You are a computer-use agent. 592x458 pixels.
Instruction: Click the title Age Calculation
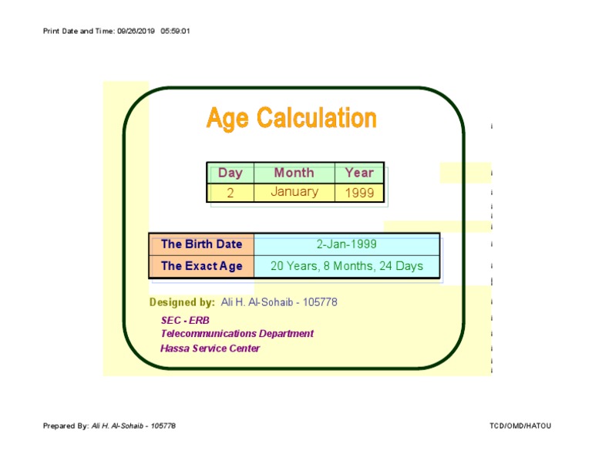click(291, 119)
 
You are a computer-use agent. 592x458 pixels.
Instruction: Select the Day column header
click(230, 173)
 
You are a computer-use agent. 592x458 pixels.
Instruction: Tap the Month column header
click(294, 173)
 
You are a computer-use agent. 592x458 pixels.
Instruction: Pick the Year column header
click(359, 173)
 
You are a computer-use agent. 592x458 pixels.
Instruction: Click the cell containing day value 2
click(230, 193)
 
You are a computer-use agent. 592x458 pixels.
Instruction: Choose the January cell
click(294, 192)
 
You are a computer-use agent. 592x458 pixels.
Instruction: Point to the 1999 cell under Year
click(359, 193)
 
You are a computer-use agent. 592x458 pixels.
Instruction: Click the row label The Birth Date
click(201, 244)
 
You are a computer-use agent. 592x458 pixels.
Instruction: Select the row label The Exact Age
click(201, 266)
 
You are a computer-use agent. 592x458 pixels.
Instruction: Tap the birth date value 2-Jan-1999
click(346, 244)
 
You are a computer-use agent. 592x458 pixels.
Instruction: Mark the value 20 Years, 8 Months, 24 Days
click(346, 266)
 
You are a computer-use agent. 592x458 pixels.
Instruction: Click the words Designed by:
click(182, 302)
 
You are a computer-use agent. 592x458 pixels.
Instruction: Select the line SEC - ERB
click(185, 320)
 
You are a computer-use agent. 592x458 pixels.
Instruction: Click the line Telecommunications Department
click(237, 334)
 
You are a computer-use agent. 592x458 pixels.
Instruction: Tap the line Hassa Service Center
click(210, 349)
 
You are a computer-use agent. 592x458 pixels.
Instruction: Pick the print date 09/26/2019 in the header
click(136, 31)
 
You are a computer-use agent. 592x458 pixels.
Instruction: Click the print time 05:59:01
click(175, 31)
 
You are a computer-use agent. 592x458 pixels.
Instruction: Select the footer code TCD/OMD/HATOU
click(520, 426)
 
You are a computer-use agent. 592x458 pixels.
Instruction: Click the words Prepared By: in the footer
click(66, 426)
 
